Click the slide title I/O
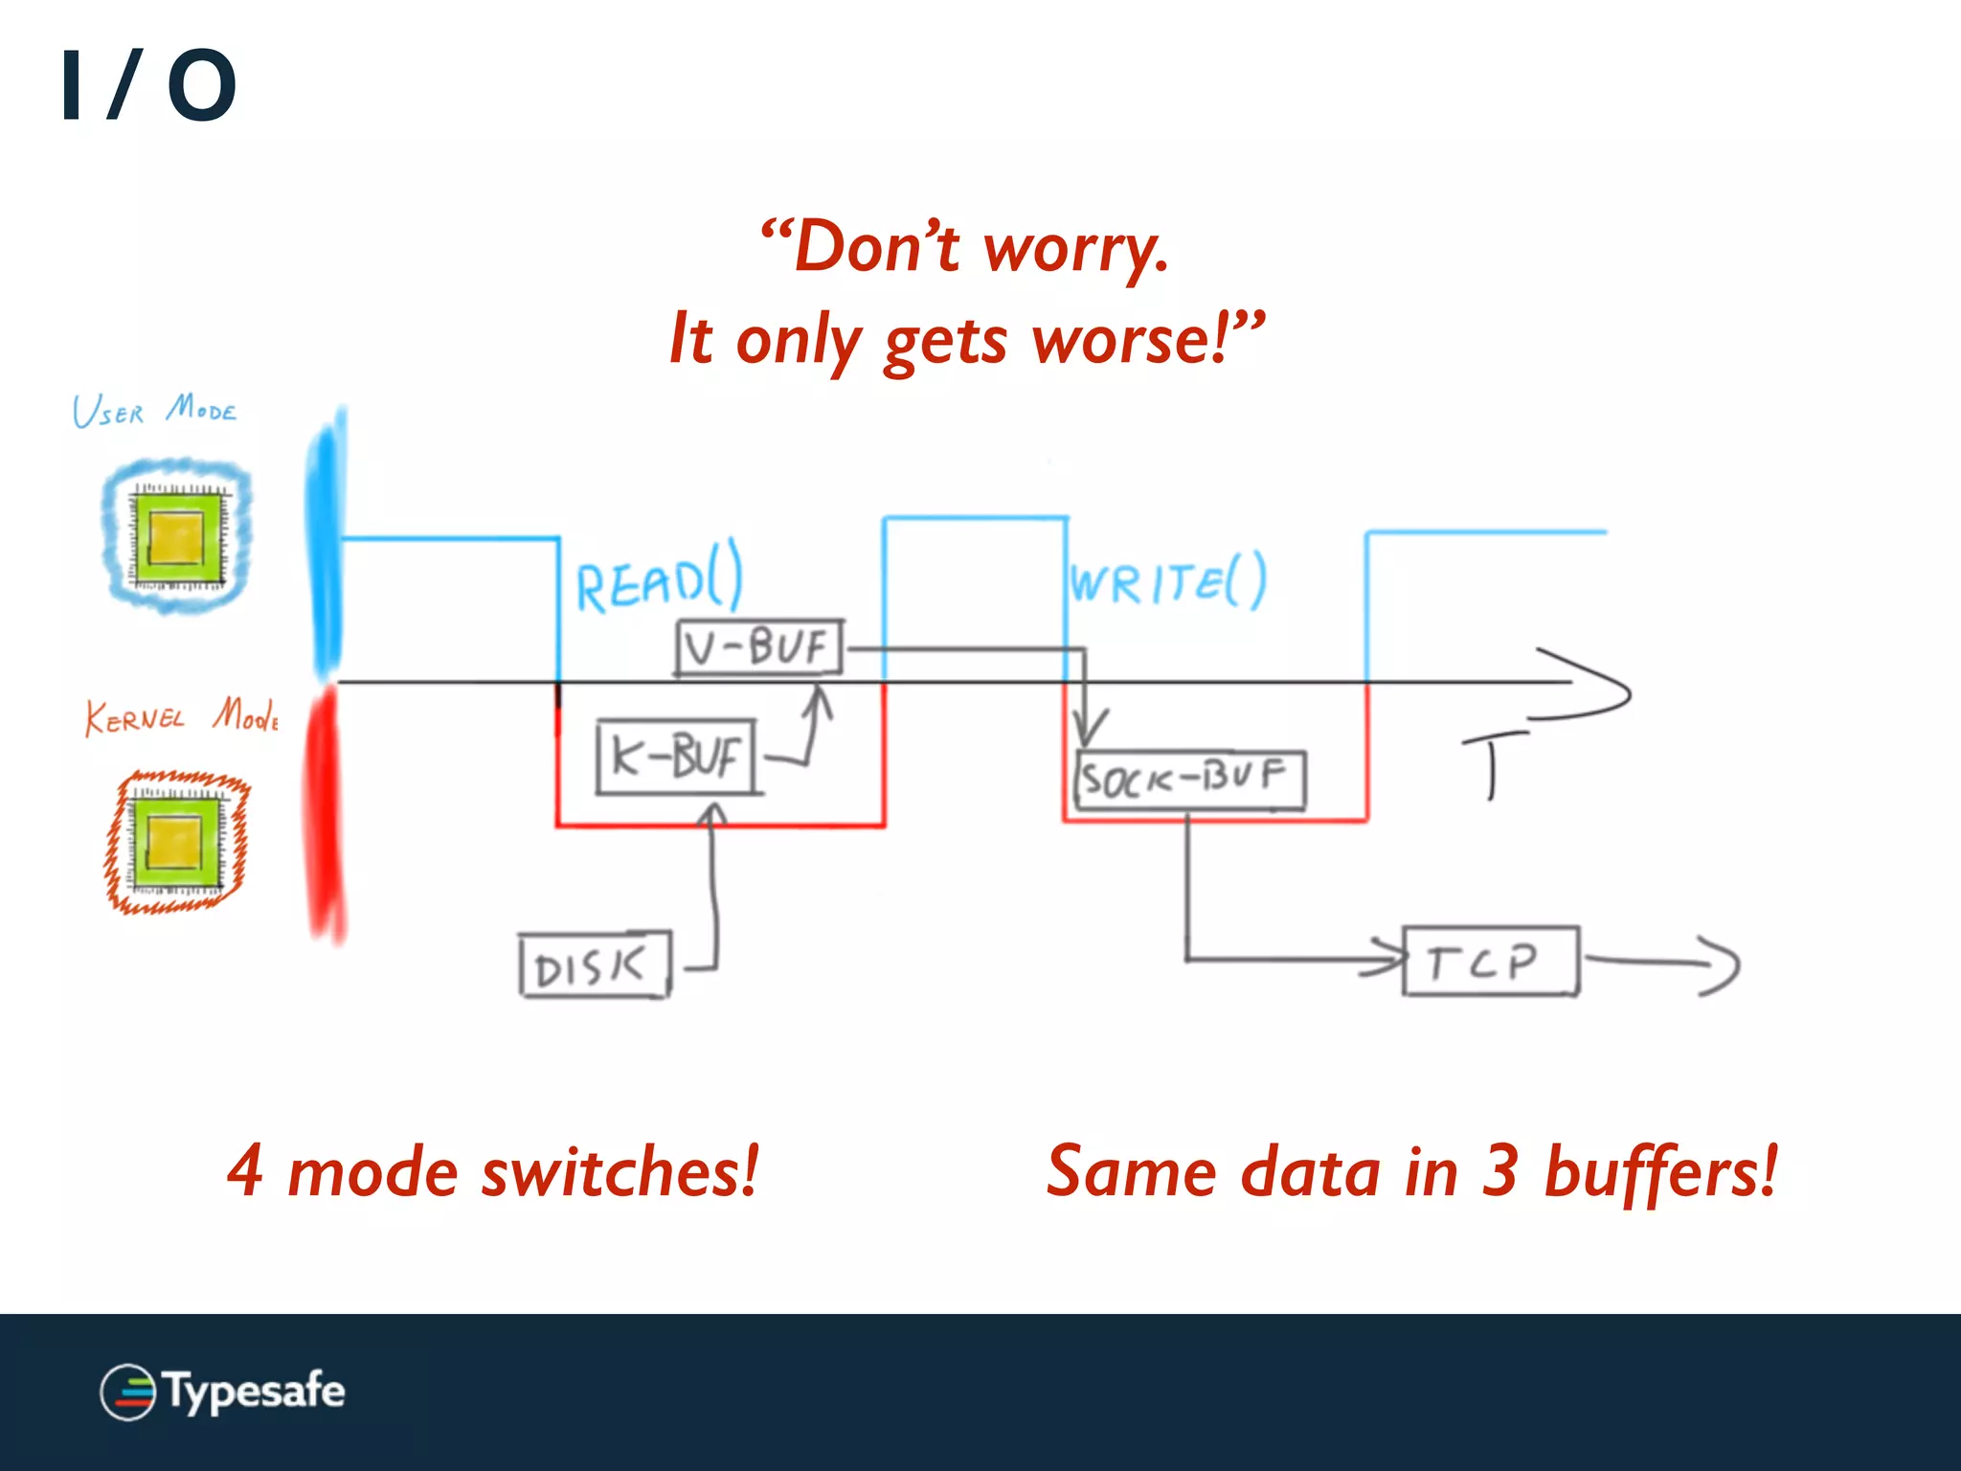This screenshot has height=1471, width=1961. [x=148, y=86]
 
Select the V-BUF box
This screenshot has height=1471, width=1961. [x=759, y=647]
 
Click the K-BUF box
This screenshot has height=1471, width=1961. [x=676, y=758]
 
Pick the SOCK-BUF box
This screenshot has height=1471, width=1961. [x=1189, y=781]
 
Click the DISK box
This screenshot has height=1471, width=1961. [x=594, y=965]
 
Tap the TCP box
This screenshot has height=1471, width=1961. [x=1489, y=962]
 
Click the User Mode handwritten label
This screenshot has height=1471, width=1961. [x=153, y=411]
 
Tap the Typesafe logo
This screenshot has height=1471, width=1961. [x=222, y=1392]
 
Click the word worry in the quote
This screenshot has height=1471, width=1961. [x=1074, y=247]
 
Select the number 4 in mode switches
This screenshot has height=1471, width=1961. [x=245, y=1170]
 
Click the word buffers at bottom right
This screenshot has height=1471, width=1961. [x=1661, y=1172]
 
